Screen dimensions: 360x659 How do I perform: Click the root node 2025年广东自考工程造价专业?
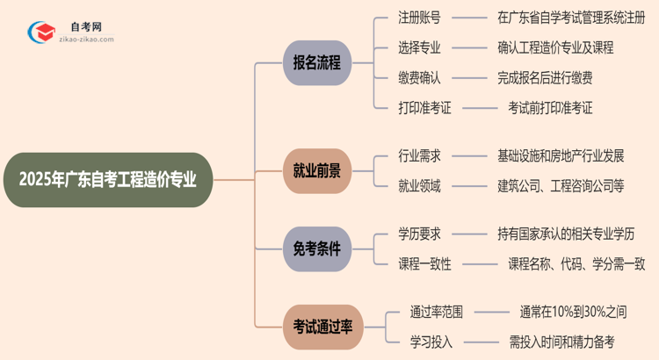pyautogui.click(x=107, y=180)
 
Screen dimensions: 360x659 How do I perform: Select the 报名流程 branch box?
pyautogui.click(x=317, y=63)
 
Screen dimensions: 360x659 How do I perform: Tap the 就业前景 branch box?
pyautogui.click(x=317, y=170)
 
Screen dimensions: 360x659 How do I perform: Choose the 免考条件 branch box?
pyautogui.click(x=317, y=249)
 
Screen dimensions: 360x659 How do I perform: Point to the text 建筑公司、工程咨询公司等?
pyautogui.click(x=560, y=185)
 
